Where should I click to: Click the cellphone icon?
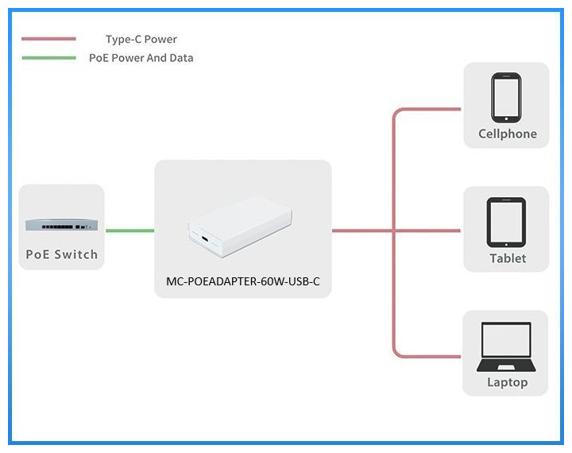pyautogui.click(x=506, y=96)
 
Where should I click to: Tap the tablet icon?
pyautogui.click(x=506, y=222)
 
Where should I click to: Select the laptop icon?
pyautogui.click(x=506, y=347)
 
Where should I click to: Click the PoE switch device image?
pyautogui.click(x=61, y=226)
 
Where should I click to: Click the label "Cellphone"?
pyautogui.click(x=507, y=134)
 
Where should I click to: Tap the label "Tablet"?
pyautogui.click(x=507, y=258)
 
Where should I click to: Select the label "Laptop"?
pyautogui.click(x=507, y=382)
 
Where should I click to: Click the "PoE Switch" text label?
pyautogui.click(x=61, y=254)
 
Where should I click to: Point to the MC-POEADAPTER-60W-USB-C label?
pyautogui.click(x=242, y=281)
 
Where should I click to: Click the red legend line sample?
pyautogui.click(x=49, y=38)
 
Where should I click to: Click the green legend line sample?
pyautogui.click(x=49, y=57)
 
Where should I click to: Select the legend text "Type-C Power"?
pyautogui.click(x=141, y=39)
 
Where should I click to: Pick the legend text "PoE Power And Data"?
pyautogui.click(x=141, y=57)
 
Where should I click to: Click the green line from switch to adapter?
pyautogui.click(x=129, y=230)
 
